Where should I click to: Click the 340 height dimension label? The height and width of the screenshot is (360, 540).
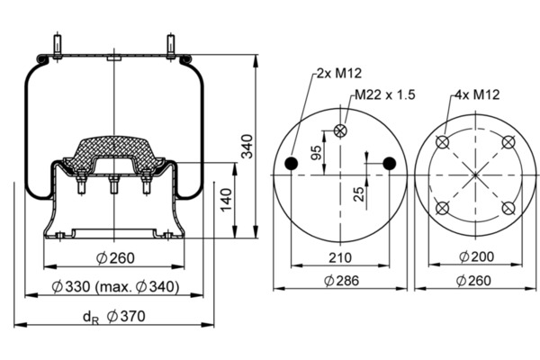(x=247, y=146)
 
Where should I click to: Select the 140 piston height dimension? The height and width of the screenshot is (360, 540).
(x=226, y=200)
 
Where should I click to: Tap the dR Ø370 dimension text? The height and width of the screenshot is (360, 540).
(x=114, y=317)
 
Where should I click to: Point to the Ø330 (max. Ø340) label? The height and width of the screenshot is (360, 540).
(x=115, y=286)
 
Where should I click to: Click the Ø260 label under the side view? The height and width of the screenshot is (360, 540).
(x=115, y=258)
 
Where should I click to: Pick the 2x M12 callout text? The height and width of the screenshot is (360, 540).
(x=339, y=73)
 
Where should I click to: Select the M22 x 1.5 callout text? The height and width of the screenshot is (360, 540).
(x=385, y=94)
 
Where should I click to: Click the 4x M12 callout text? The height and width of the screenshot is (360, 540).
(x=477, y=94)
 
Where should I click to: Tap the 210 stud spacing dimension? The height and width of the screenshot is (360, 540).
(x=340, y=257)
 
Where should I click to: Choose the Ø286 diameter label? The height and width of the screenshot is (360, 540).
(x=341, y=281)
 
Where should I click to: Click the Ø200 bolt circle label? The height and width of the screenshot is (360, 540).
(x=477, y=256)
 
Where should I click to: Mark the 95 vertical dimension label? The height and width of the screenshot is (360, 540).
(x=316, y=153)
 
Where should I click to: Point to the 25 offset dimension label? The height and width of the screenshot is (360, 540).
(x=359, y=194)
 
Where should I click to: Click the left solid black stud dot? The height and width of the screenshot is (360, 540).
(x=292, y=163)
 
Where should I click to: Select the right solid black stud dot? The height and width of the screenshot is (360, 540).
(x=390, y=163)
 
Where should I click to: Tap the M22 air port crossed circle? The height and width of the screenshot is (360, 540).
(x=340, y=130)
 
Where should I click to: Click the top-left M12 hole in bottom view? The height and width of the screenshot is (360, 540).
(x=443, y=142)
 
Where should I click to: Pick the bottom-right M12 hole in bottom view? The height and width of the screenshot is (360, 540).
(x=508, y=208)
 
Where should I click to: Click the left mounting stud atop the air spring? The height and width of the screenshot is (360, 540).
(x=58, y=47)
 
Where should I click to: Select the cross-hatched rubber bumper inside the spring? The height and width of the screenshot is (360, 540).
(x=114, y=153)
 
